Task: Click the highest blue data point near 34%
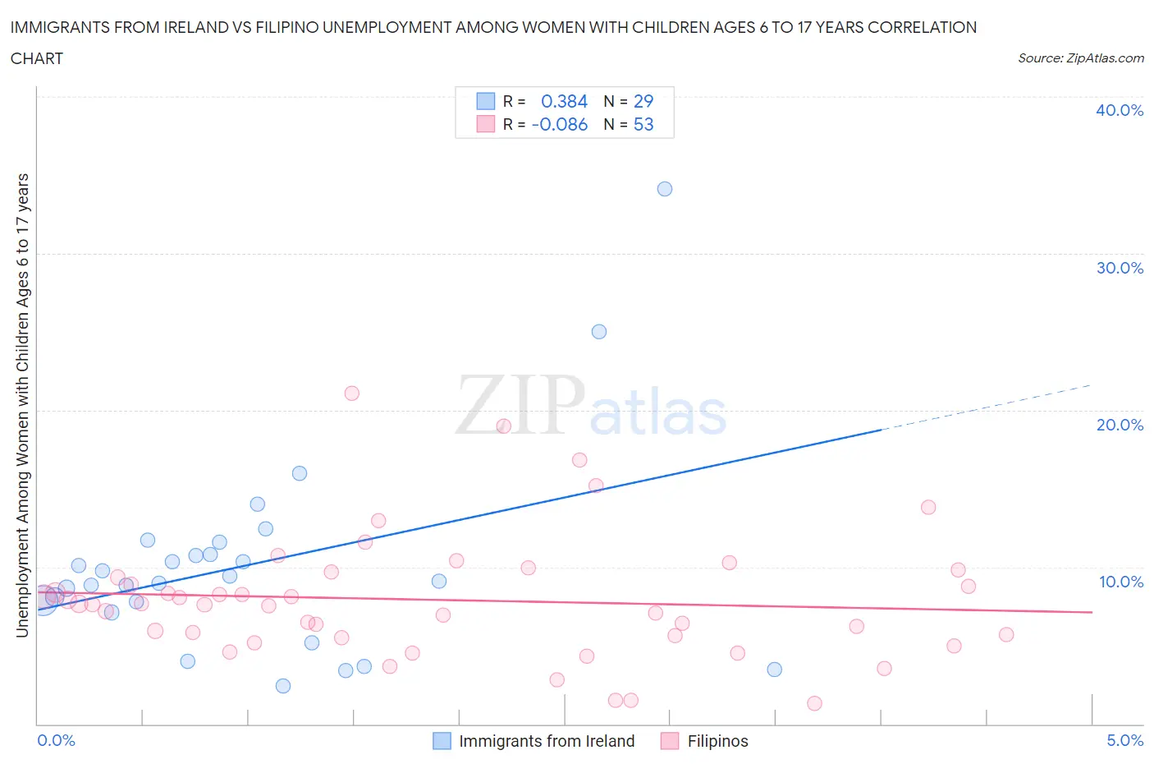click(665, 189)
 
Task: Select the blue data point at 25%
click(599, 332)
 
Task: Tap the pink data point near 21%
click(352, 393)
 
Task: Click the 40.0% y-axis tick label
click(1120, 110)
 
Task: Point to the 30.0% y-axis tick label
click(1120, 268)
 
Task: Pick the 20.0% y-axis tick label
click(1120, 425)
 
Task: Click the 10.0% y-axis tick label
click(1121, 582)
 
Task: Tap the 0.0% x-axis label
click(56, 740)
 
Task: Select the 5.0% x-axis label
click(1124, 740)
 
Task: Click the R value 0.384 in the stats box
click(564, 101)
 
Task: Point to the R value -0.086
click(560, 124)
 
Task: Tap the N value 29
click(643, 101)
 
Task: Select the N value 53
click(643, 124)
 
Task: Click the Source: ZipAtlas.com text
click(1080, 58)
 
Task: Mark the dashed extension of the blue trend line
click(985, 407)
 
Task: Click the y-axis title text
click(22, 405)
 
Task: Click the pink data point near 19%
click(504, 426)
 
